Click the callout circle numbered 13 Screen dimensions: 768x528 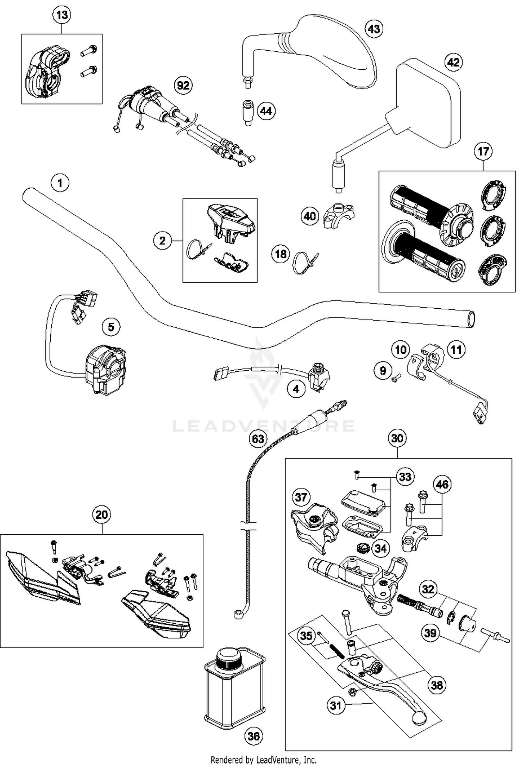click(62, 15)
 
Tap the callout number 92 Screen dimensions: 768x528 click(183, 85)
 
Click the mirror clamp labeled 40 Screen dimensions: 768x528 click(338, 215)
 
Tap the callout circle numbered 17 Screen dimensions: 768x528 click(483, 151)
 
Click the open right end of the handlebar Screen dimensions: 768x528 click(470, 319)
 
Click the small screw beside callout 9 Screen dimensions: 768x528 click(396, 379)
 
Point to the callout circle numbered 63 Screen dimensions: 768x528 click(258, 439)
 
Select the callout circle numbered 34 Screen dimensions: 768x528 click(381, 548)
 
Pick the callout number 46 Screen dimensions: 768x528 click(442, 484)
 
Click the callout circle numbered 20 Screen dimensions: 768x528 click(101, 515)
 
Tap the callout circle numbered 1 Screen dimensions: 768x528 click(60, 183)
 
